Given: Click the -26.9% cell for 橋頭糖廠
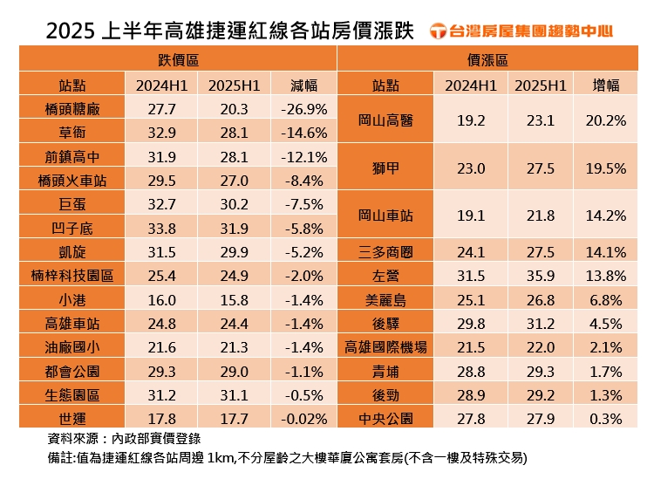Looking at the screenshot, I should click(303, 109).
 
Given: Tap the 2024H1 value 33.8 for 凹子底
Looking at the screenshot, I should click(162, 229).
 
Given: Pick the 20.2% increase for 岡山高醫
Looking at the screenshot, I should click(610, 120).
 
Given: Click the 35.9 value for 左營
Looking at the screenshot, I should click(541, 276).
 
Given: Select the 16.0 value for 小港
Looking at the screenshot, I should click(162, 299).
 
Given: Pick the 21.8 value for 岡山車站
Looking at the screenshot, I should click(541, 215).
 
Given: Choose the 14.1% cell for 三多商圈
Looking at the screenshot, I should click(610, 252).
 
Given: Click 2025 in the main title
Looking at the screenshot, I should click(75, 31).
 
